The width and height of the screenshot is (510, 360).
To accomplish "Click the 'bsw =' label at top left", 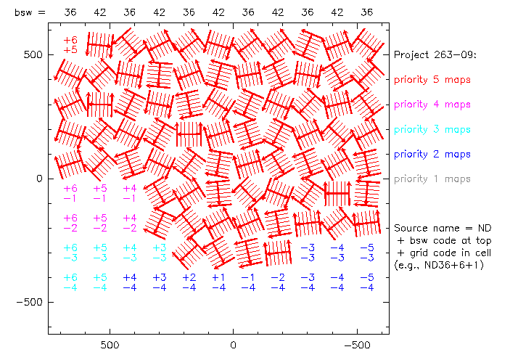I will tap(30, 12).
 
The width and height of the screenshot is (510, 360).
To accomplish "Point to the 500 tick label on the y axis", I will tap(33, 55).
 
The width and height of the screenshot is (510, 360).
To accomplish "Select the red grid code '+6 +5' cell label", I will tap(70, 45).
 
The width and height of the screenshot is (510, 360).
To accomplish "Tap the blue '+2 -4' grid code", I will tap(189, 282).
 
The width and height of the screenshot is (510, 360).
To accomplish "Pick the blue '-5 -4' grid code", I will tap(367, 282).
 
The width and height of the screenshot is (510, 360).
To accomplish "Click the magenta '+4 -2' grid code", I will tap(129, 223).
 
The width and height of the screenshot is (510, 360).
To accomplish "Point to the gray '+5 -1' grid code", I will tap(100, 193).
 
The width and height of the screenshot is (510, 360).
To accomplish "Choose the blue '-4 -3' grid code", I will tap(337, 253).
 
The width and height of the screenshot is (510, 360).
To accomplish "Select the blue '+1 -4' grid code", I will tap(218, 282).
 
